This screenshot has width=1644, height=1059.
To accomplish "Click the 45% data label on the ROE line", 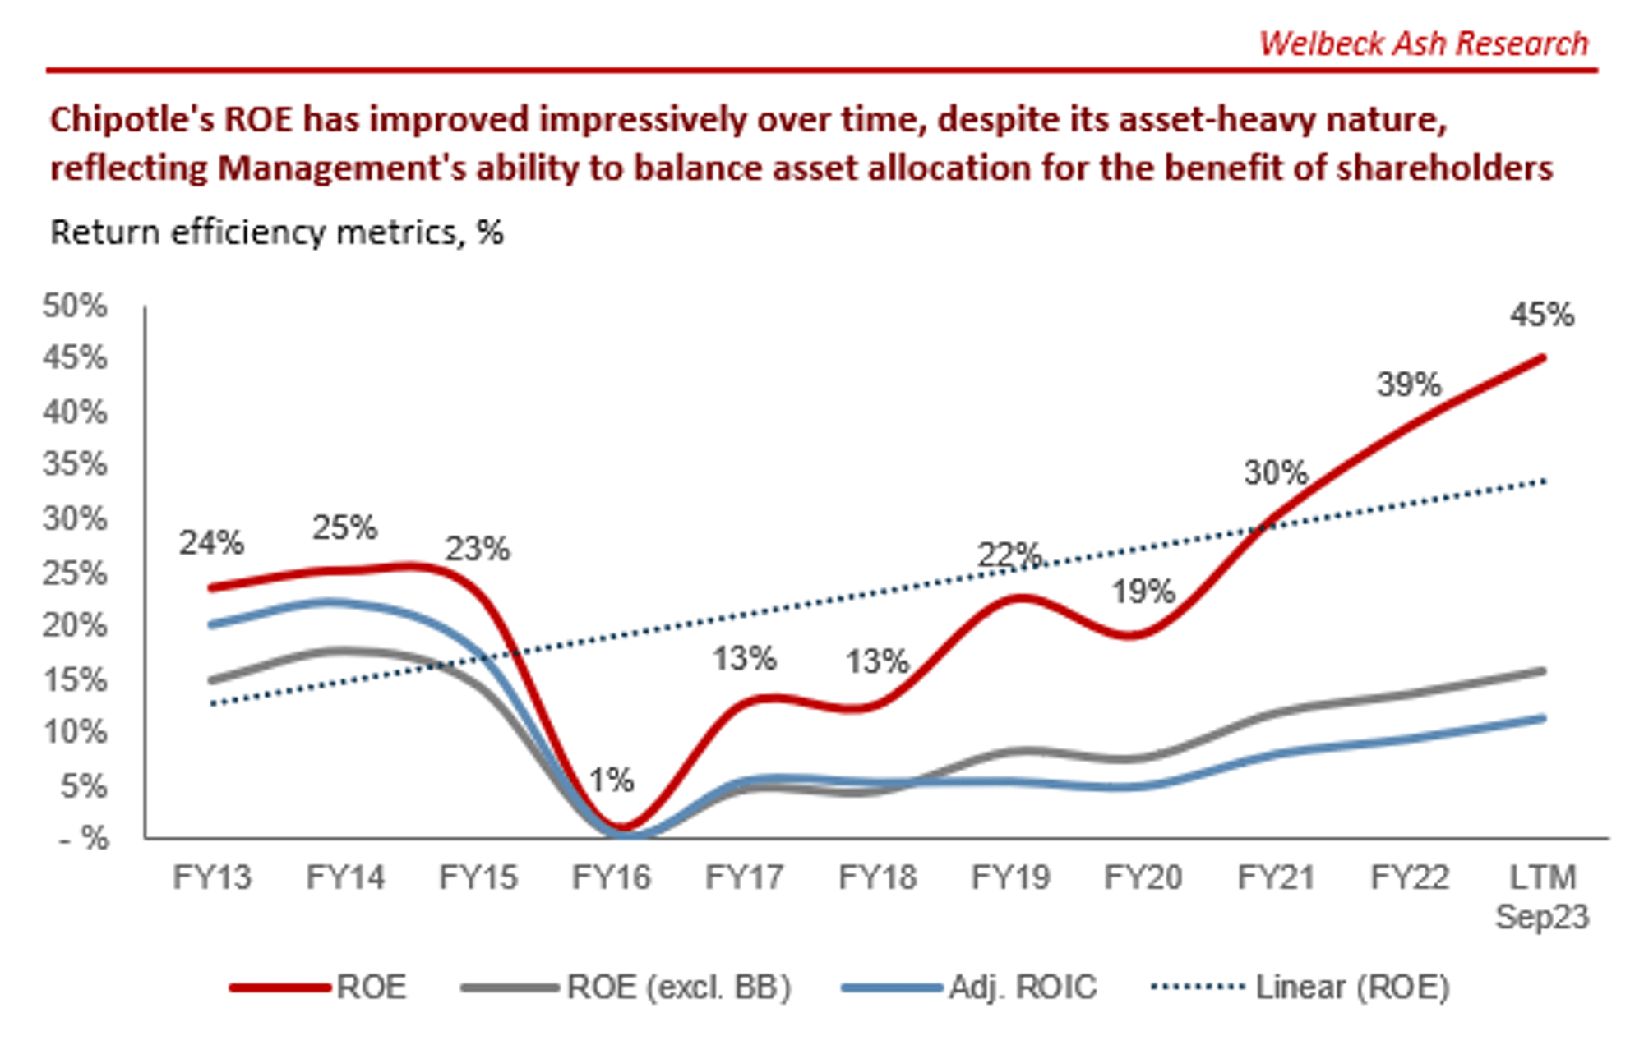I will tap(1541, 315).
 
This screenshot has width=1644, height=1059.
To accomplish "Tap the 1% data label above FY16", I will tap(612, 780).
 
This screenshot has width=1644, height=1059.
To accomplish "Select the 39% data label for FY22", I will tap(1409, 384).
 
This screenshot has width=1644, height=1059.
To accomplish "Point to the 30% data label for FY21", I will tap(1275, 473).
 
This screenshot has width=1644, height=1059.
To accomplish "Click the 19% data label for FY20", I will tap(1143, 592).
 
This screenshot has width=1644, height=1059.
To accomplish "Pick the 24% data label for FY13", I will tap(211, 543).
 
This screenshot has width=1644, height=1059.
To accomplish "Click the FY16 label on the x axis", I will tap(611, 877).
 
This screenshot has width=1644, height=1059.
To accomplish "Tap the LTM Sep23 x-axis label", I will tap(1542, 896).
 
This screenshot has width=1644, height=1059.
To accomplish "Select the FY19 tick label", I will tap(1010, 877).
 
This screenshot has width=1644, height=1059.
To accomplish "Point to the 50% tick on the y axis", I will tap(75, 306).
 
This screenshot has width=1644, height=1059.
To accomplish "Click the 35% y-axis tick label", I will tap(75, 464).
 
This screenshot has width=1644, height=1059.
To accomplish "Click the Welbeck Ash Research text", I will tap(1423, 44).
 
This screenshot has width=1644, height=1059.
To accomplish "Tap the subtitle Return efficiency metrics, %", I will tap(277, 233).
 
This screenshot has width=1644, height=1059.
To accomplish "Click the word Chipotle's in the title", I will tap(132, 120).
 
